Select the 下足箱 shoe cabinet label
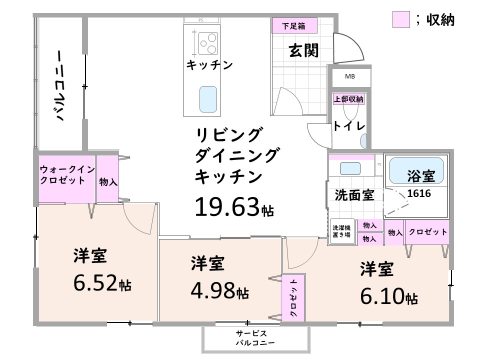click(293, 24)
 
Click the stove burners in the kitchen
click(209, 43)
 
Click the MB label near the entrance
click(349, 77)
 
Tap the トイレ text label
click(348, 127)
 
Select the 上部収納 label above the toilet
click(348, 99)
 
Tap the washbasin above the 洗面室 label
click(350, 168)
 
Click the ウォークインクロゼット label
click(67, 176)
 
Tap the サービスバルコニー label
click(251, 337)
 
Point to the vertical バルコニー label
click(60, 85)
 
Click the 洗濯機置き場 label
click(342, 232)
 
